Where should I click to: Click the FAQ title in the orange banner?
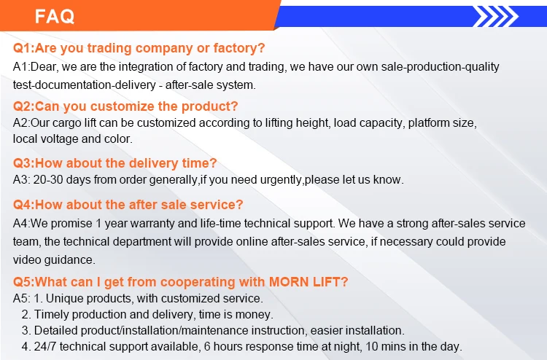[x=55, y=16]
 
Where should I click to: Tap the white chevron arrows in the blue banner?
[x=496, y=16]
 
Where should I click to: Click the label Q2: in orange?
[x=24, y=106]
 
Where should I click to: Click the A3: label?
[x=22, y=180]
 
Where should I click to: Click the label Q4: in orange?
[x=24, y=205]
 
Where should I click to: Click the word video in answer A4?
[x=27, y=259]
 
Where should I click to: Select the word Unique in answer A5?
[x=63, y=299]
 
